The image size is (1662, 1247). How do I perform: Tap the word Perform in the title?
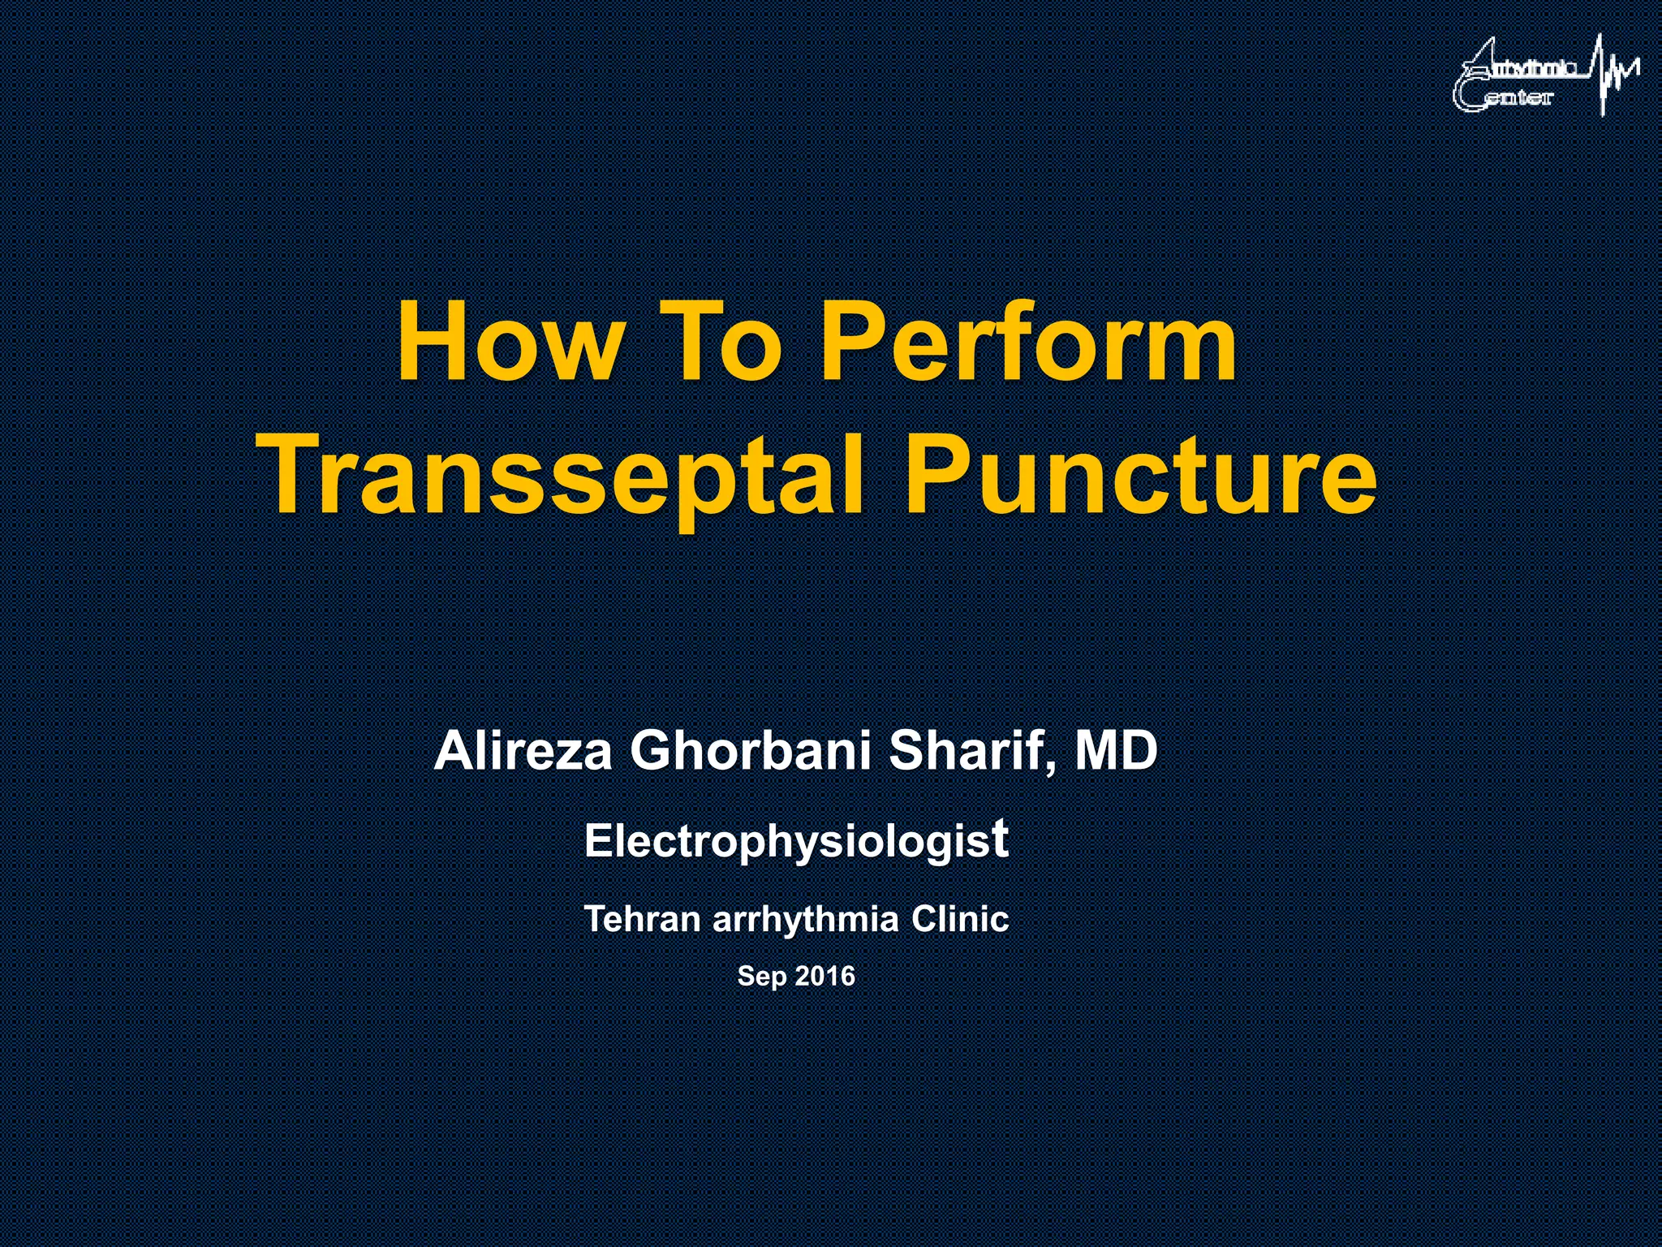click(x=1029, y=345)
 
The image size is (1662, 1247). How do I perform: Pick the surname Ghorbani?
click(x=751, y=751)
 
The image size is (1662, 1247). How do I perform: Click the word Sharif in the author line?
click(x=966, y=751)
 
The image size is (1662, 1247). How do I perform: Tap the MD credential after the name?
click(x=1116, y=751)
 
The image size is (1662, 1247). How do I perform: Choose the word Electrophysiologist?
click(x=796, y=841)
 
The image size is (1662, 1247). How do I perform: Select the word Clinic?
click(x=960, y=919)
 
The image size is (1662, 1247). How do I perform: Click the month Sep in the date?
click(x=761, y=976)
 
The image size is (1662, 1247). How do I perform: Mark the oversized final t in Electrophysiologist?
click(x=1001, y=838)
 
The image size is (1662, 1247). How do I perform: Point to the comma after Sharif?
click(x=1052, y=767)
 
